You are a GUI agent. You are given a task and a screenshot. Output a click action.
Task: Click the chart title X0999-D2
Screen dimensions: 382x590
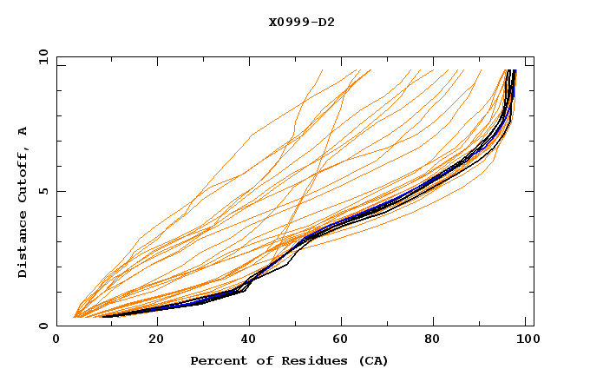301,22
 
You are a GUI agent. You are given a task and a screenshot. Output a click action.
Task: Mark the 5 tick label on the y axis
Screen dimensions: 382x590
43,191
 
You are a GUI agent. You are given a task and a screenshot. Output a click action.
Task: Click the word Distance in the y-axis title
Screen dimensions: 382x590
23,246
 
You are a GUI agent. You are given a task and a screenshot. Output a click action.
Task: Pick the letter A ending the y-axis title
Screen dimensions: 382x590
23,130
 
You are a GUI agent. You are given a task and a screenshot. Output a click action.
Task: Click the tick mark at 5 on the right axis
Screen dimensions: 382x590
530,191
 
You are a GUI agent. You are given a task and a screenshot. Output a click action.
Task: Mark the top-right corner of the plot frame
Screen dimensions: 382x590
534,56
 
